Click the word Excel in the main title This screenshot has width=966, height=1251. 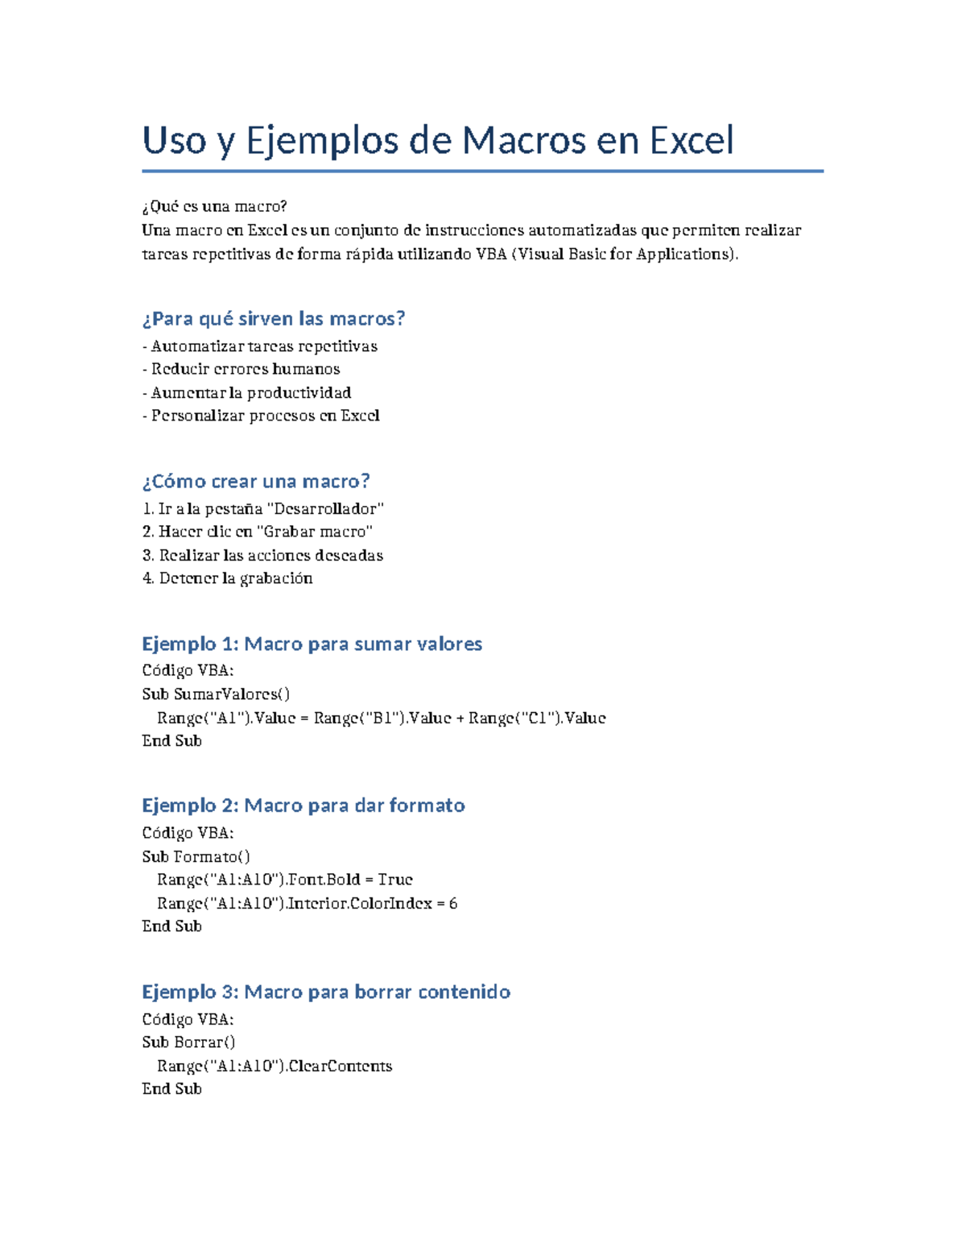point(691,140)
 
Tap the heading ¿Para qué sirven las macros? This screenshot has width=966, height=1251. point(273,319)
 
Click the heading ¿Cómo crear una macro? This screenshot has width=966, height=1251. point(256,482)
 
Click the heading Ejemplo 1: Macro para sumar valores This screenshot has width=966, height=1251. point(312,644)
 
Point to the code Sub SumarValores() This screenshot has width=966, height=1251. point(216,694)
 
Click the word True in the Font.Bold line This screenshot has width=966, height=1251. point(395,880)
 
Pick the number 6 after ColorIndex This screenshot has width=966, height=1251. point(453,904)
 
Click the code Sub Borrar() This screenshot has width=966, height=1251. point(188,1042)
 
